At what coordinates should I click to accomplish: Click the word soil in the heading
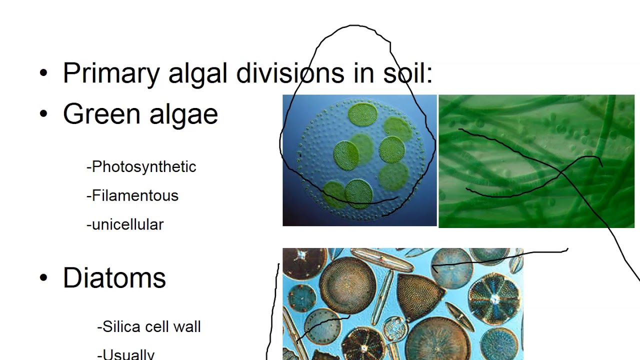pos(407,73)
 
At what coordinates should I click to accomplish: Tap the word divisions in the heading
pos(290,73)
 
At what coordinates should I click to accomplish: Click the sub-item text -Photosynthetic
pos(141,166)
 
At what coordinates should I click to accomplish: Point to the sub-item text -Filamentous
pos(132,195)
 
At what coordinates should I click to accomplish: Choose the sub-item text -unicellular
pos(125,224)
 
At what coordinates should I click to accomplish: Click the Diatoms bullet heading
pos(114,277)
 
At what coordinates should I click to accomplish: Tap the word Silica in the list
pos(118,326)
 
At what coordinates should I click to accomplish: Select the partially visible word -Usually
pos(126,354)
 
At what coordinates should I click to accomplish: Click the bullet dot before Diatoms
pos(43,278)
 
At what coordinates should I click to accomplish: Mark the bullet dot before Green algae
pos(43,114)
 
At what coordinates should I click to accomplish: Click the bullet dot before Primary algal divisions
pos(43,73)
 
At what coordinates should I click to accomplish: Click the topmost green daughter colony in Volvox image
pos(362,114)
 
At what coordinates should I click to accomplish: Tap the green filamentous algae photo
pos(536,161)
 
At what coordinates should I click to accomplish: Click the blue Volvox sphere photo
pos(359,160)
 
